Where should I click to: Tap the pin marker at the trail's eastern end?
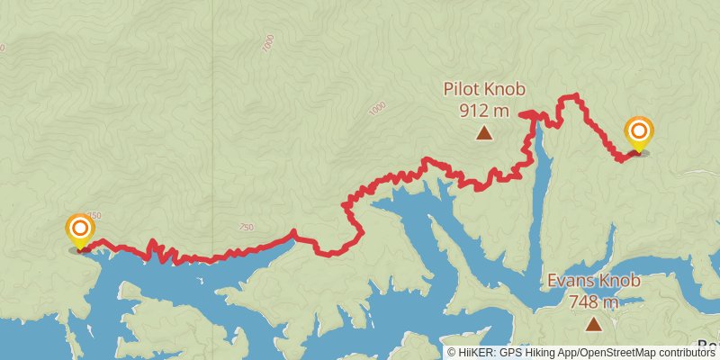(x=638, y=134)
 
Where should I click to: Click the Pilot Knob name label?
(x=483, y=89)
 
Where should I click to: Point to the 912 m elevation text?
(x=484, y=111)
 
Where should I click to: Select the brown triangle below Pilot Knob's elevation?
(x=484, y=134)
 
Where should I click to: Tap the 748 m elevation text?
(x=593, y=301)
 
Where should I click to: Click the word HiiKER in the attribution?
(x=475, y=353)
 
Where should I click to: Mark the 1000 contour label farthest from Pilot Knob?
(x=267, y=42)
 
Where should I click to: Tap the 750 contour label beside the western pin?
(x=95, y=216)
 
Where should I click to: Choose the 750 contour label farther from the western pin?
(x=246, y=228)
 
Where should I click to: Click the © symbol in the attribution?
(x=452, y=353)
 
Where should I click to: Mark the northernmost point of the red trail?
(x=569, y=95)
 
